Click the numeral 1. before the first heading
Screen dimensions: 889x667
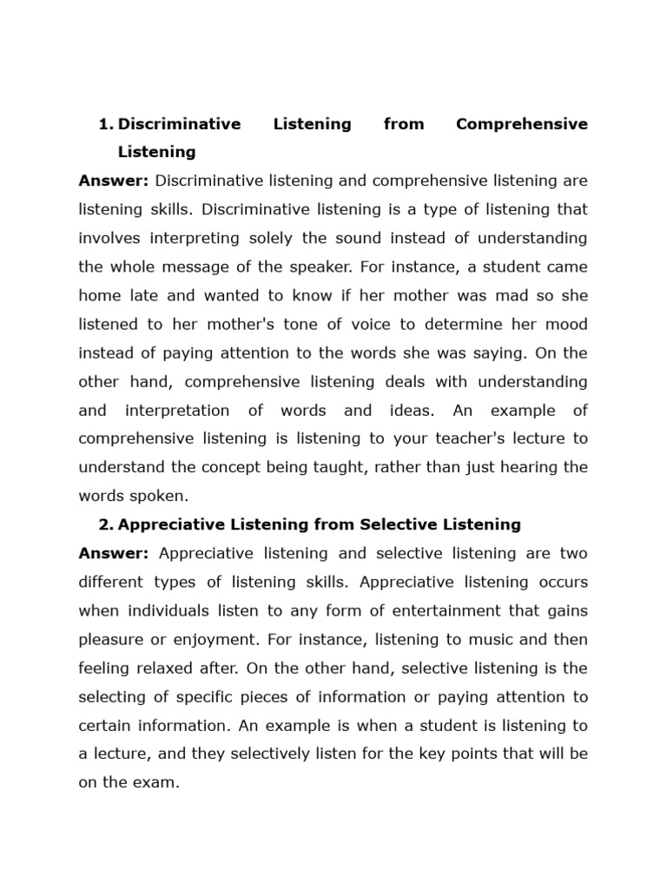coord(106,124)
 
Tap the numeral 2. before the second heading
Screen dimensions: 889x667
coord(106,524)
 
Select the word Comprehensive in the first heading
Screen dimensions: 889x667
coord(521,124)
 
